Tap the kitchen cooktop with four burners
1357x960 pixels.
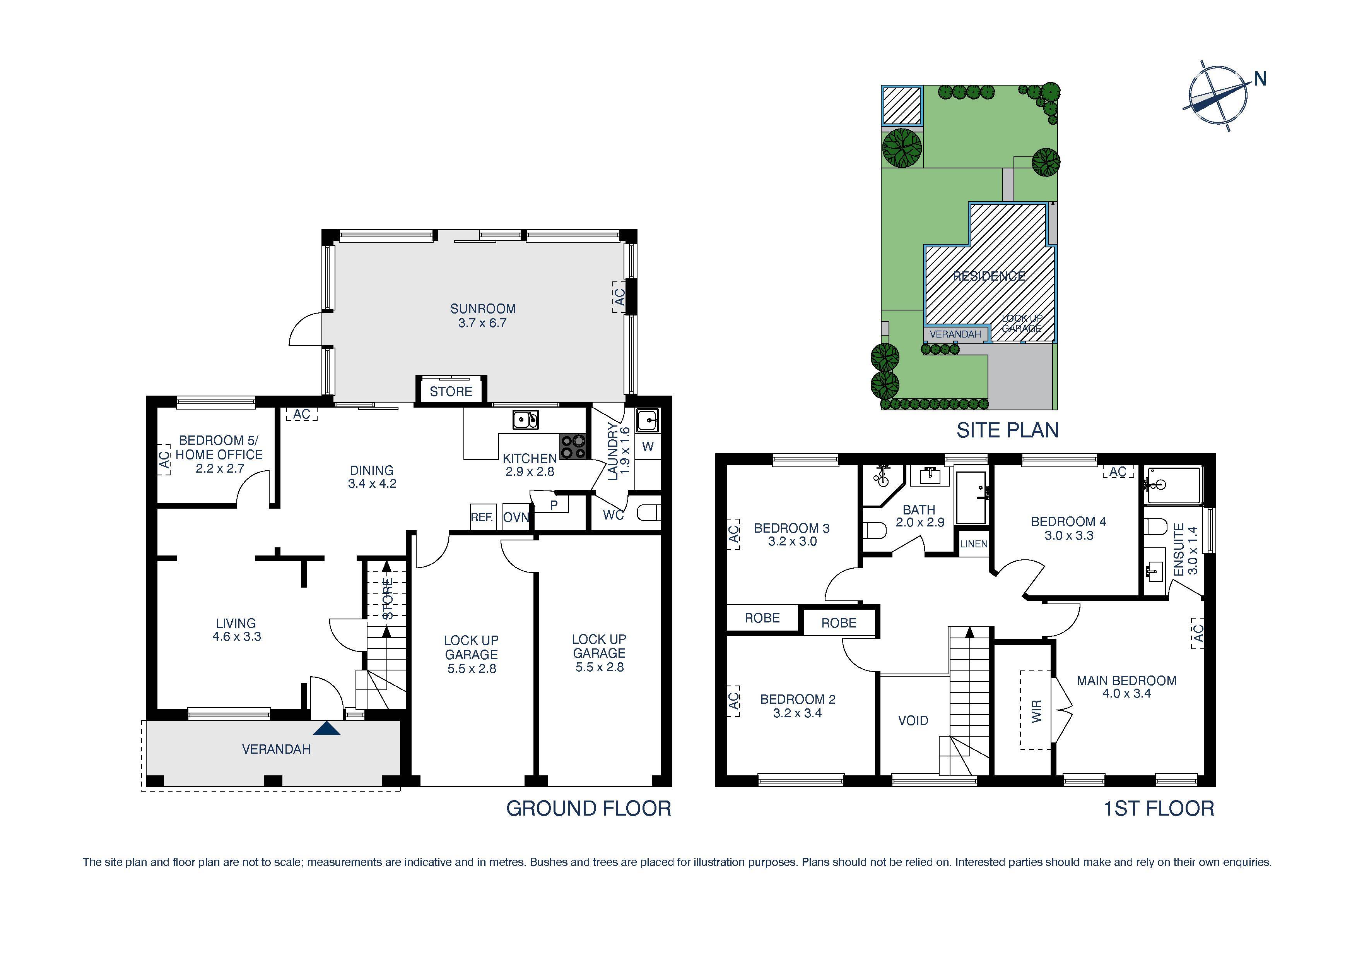573,447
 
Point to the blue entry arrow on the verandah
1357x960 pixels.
327,728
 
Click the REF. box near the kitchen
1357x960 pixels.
482,518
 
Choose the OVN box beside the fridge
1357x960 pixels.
515,518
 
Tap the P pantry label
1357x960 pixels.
554,505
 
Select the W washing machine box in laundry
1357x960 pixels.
648,447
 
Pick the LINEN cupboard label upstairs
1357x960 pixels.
973,543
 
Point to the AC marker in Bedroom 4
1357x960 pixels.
1118,472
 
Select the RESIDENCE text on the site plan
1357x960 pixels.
989,276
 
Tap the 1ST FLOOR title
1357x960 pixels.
1159,808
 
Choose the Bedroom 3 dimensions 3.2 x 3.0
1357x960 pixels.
792,541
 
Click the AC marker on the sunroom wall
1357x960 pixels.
618,297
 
